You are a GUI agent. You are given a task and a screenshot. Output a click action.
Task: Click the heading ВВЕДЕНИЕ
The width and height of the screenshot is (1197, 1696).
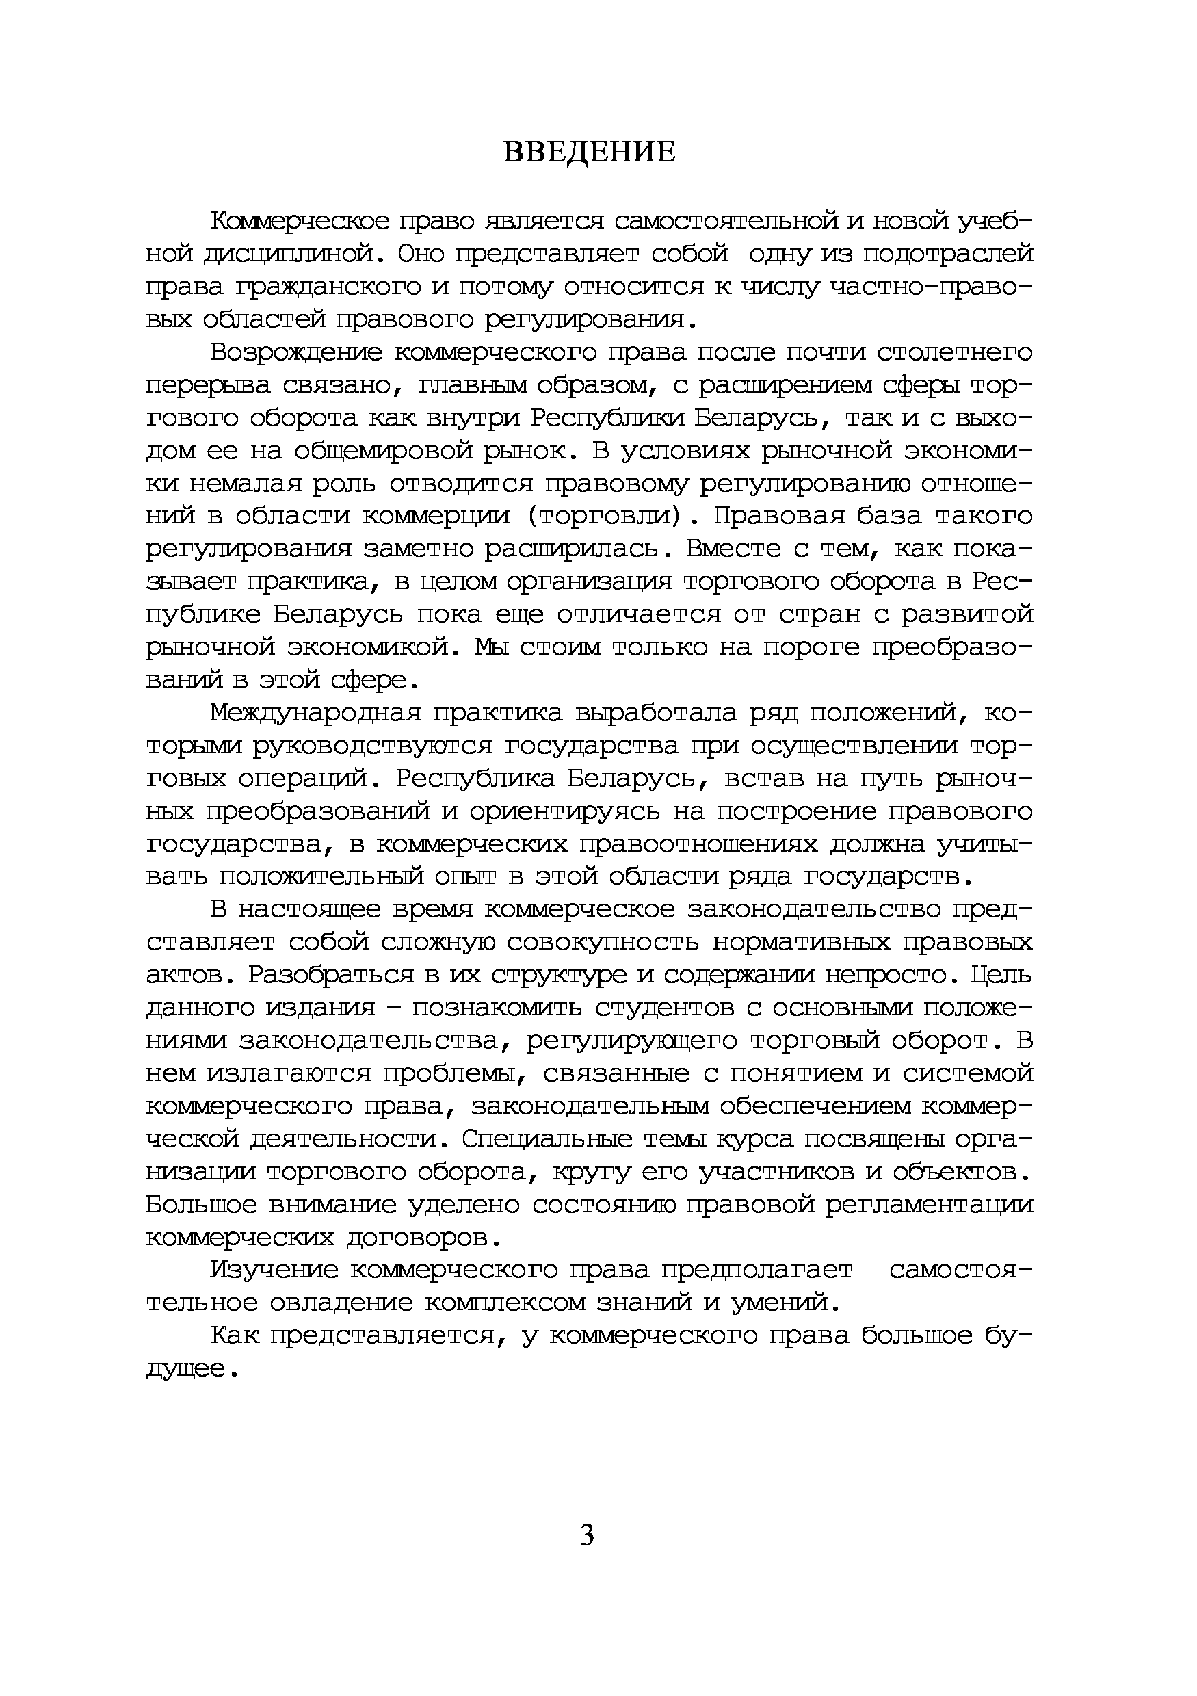coord(588,151)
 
